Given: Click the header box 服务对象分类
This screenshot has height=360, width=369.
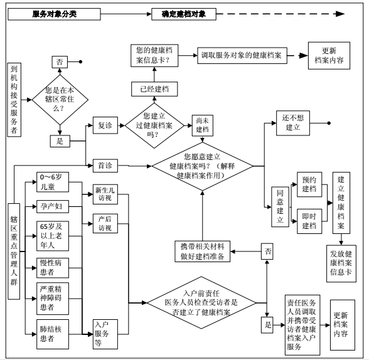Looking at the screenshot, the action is [54, 14].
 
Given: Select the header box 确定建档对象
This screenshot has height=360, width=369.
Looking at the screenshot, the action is [184, 14].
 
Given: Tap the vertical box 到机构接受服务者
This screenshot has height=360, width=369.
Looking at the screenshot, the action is [14, 100].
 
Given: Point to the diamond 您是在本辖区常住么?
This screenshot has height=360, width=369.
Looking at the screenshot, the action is [60, 100].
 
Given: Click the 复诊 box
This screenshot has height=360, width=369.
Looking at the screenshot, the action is [105, 125].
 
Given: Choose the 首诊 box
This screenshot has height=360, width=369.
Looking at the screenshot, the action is [105, 166].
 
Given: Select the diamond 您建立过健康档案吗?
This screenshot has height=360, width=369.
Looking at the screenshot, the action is [154, 125].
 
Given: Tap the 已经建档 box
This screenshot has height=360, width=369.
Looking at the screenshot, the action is [154, 89].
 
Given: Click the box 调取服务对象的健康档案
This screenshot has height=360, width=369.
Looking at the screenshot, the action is [242, 55].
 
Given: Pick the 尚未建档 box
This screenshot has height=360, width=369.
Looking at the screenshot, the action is [202, 125].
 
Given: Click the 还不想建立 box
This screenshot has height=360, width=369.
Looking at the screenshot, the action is [292, 123].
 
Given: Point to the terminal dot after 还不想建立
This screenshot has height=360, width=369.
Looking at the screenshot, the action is [329, 123].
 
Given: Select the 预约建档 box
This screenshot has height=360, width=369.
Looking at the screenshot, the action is [309, 184].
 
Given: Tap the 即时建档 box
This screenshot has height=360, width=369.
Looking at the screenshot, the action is [309, 221].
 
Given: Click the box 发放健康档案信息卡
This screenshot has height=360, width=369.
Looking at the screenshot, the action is [341, 263].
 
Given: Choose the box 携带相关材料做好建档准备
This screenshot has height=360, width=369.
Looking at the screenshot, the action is [202, 251].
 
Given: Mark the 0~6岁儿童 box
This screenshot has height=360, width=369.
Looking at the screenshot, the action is [53, 182].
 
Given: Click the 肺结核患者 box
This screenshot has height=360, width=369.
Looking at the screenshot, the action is [53, 334].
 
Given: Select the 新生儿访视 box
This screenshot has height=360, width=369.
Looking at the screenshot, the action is [105, 194].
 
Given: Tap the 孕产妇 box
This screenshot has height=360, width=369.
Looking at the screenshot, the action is [53, 207].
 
